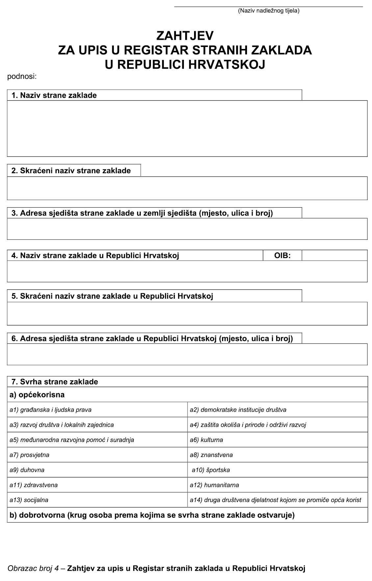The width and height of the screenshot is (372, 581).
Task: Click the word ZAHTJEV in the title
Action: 185,35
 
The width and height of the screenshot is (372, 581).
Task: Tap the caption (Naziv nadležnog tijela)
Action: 268,11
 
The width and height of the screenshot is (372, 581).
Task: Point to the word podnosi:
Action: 22,77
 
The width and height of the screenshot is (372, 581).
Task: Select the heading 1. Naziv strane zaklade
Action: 54,95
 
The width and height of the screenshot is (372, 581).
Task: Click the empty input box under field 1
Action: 187,128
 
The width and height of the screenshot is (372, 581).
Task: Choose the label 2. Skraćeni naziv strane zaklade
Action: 71,171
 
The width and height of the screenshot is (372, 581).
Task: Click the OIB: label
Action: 282,255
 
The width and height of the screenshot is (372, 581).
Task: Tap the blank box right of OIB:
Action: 334,255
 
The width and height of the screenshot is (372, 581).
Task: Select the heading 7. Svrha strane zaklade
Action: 55,382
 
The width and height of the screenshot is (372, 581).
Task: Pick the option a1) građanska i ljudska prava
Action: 50,410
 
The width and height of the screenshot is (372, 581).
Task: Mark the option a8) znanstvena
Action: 211,455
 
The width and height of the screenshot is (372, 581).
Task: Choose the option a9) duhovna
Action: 27,470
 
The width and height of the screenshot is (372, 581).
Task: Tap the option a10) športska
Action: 211,470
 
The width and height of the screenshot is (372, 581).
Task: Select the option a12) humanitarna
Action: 214,485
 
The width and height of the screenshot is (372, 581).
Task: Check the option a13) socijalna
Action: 29,500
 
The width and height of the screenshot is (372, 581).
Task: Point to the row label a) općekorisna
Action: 37,395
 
